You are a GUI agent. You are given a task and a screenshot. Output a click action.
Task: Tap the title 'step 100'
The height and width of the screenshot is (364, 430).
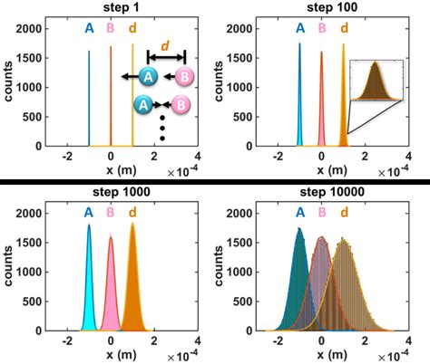[322, 8]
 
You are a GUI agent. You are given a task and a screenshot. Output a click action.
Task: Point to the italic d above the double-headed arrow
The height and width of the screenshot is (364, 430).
[164, 44]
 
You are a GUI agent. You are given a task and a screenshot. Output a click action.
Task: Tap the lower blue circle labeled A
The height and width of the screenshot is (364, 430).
[142, 105]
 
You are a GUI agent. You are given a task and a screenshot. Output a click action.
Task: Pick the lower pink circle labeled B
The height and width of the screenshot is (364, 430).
[181, 105]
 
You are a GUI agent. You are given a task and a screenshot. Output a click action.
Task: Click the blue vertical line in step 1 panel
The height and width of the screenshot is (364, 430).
[89, 100]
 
